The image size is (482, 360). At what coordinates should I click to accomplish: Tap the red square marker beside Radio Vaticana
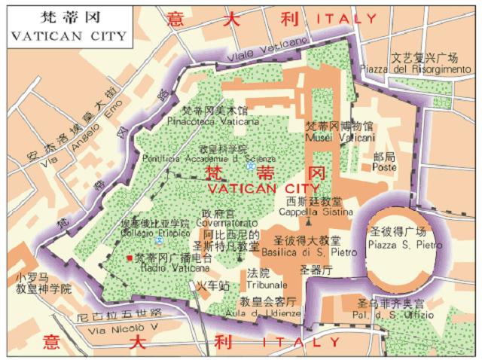point(129,258)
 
